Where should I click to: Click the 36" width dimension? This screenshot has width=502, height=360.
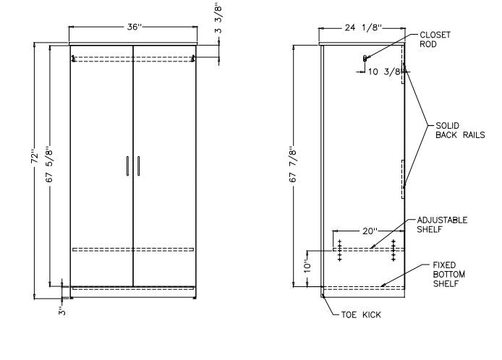point(133,27)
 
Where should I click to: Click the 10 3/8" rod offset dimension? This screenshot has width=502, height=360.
point(384,71)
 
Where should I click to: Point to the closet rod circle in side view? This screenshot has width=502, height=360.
point(365,58)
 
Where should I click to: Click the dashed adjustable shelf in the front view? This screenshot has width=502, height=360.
point(133,249)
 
